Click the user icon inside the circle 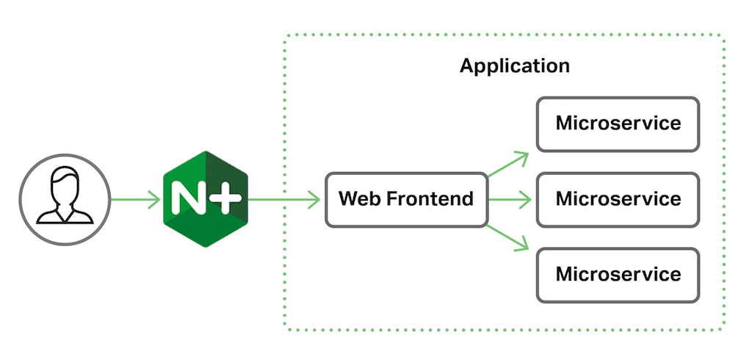point(65,198)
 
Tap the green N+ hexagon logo point(205,198)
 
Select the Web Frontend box point(406,199)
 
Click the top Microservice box point(618,124)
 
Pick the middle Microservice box point(618,199)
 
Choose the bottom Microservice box point(618,275)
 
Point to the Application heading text point(514,66)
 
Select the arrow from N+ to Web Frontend point(283,198)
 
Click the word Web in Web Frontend point(358,199)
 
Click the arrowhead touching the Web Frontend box point(314,198)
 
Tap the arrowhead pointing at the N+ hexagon point(153,198)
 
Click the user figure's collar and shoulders point(65,214)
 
